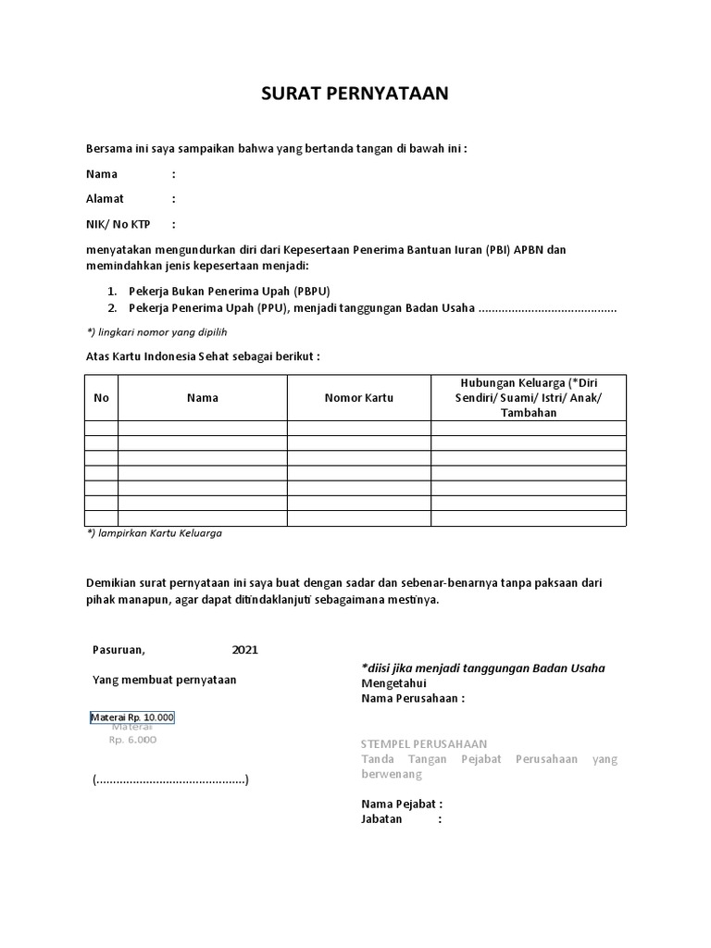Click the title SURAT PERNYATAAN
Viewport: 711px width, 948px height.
[355, 94]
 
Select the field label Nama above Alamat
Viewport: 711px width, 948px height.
[102, 174]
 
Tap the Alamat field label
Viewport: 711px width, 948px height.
[105, 199]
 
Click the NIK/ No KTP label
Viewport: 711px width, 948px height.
[118, 224]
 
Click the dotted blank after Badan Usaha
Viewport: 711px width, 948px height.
[547, 308]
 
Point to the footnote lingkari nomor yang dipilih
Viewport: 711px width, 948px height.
[156, 331]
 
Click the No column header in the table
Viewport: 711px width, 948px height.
[101, 398]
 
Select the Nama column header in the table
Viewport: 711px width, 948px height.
[202, 398]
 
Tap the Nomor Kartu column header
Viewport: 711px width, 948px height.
[358, 398]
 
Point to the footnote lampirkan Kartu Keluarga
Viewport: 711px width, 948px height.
[154, 533]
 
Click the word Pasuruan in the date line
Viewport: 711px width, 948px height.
[118, 650]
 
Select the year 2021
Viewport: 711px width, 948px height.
[245, 650]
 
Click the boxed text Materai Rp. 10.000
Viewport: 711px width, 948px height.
[132, 717]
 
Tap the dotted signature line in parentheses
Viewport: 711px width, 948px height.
[170, 780]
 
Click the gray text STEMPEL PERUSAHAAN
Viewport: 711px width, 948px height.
[423, 744]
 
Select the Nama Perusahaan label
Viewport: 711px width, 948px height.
[412, 699]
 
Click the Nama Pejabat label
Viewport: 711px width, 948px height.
[402, 804]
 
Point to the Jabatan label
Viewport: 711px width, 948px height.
[381, 819]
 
